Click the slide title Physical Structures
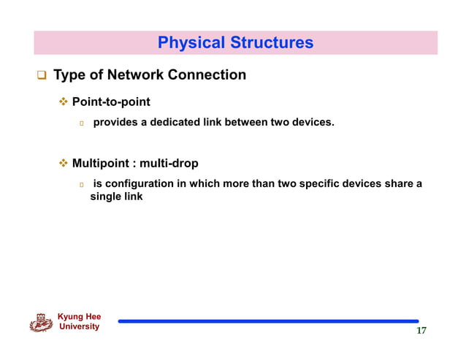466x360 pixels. point(235,43)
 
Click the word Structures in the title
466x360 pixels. point(272,43)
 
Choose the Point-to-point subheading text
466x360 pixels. point(111,102)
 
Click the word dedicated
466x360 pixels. point(170,123)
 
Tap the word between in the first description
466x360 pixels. point(246,123)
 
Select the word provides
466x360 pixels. point(115,123)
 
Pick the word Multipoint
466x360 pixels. point(102,164)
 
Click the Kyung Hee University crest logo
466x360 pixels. point(41,322)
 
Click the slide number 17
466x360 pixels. point(421,332)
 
